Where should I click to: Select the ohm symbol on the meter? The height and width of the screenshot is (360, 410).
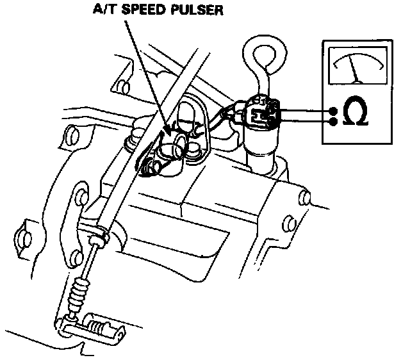356,114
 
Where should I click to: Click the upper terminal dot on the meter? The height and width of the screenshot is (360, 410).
333,110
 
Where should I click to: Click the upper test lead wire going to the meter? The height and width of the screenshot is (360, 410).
304,109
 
